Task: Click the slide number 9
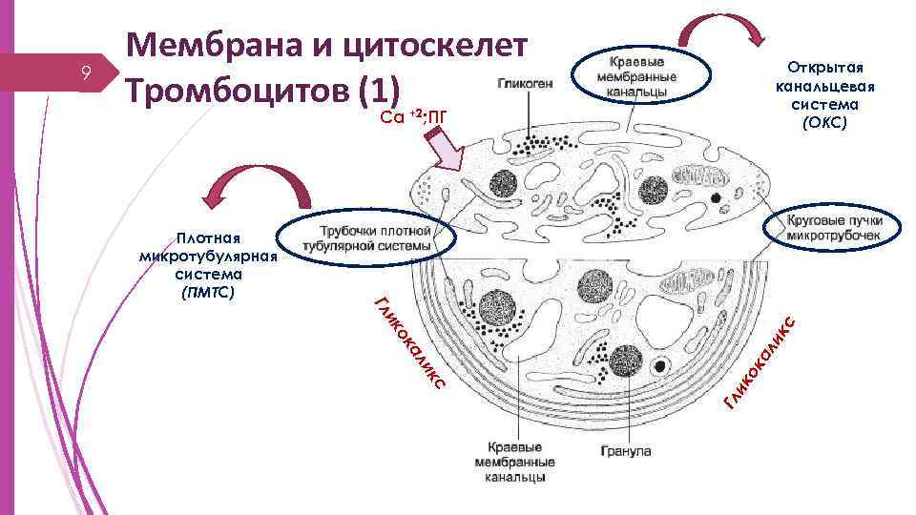click(x=86, y=72)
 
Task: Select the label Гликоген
click(x=524, y=83)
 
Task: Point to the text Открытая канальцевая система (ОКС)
click(x=824, y=95)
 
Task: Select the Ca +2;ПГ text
click(x=413, y=117)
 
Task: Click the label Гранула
click(x=626, y=450)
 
